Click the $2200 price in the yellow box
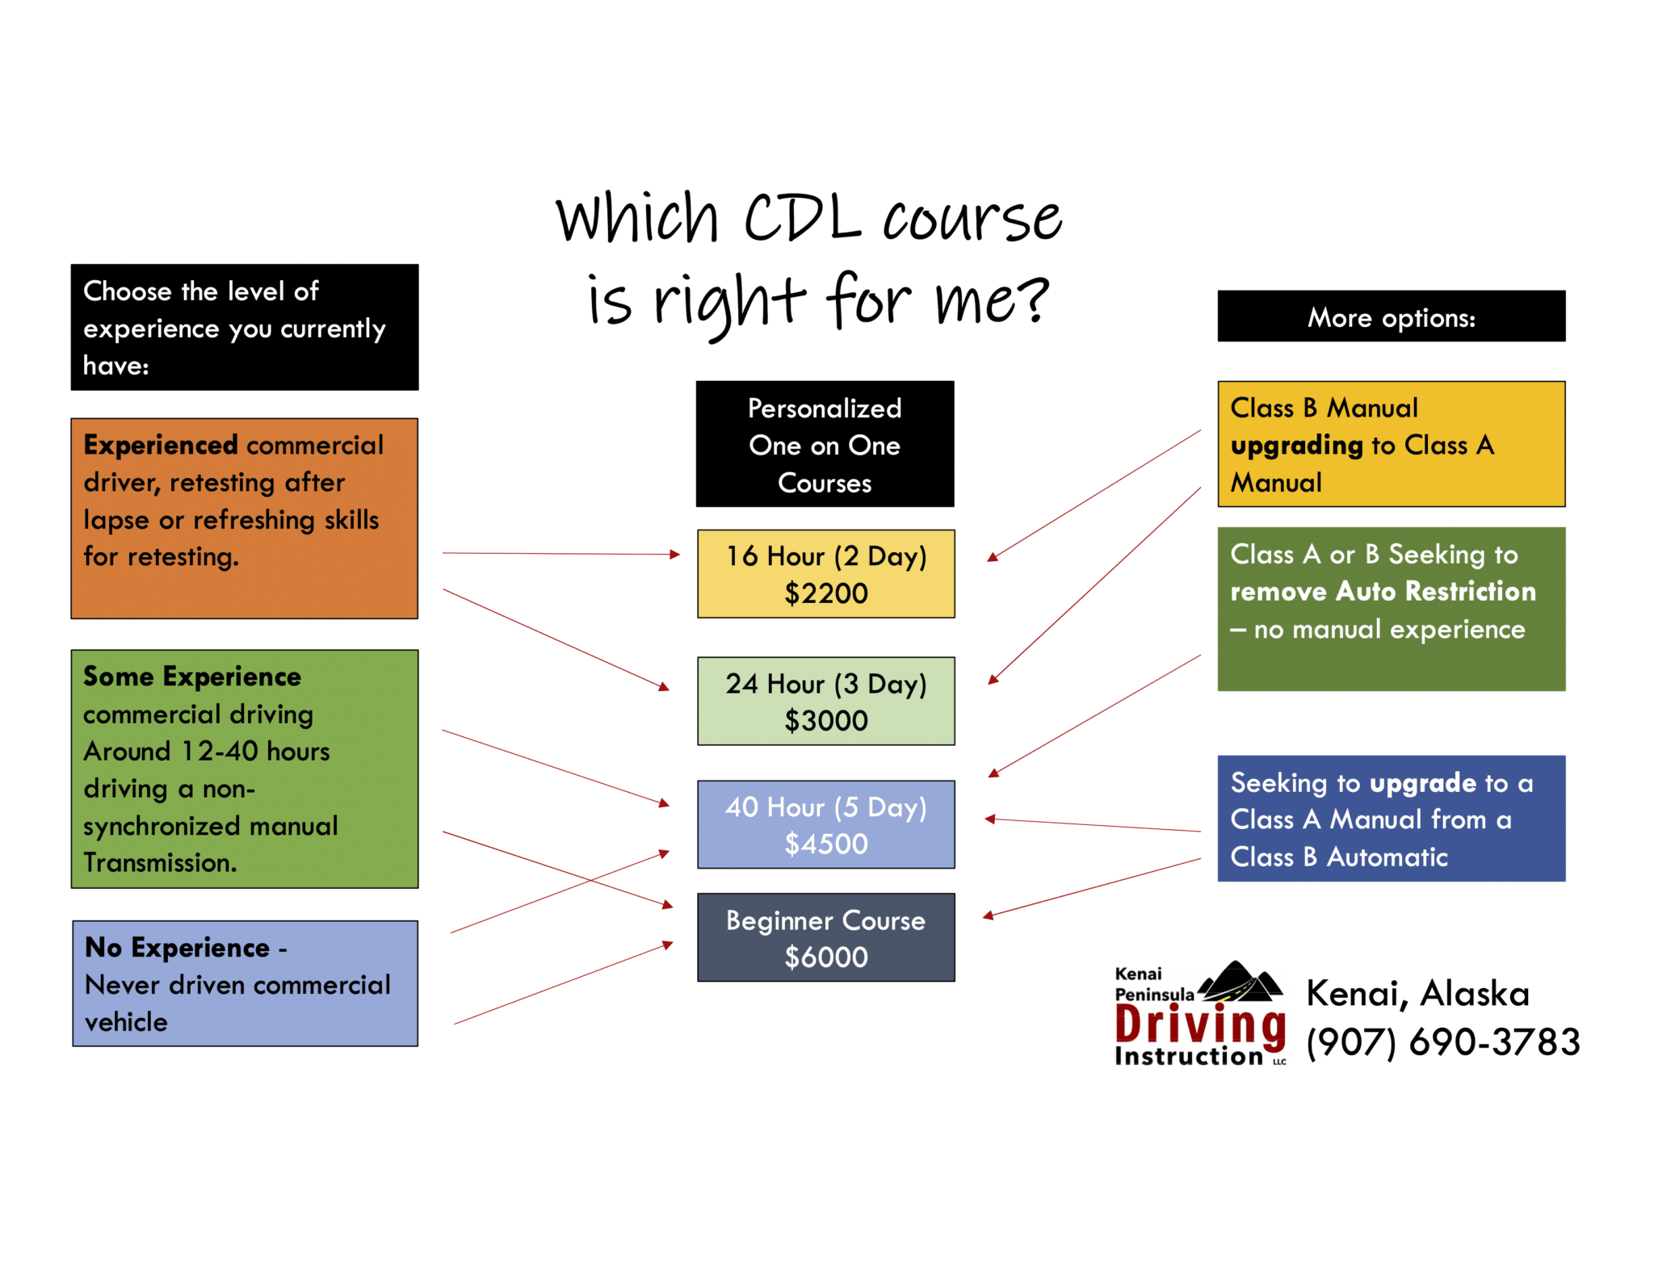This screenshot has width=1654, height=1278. (825, 593)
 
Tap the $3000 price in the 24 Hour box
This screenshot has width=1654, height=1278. (825, 720)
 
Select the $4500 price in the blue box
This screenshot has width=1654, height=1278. (825, 844)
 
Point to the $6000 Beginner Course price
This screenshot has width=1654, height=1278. (825, 957)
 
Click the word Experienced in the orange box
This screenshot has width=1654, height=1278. (161, 445)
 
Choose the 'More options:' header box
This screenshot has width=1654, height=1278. (1391, 316)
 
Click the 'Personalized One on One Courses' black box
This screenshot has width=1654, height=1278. (825, 445)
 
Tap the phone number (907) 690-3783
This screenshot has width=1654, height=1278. (1443, 1041)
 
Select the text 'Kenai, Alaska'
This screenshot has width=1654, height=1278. (1417, 993)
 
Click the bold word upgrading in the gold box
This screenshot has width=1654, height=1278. (1297, 445)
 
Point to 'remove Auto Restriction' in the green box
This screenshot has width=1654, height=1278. (1383, 591)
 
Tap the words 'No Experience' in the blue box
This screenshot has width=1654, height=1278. (177, 947)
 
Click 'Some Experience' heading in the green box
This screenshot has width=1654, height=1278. (192, 676)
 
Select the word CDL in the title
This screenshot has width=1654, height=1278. (802, 218)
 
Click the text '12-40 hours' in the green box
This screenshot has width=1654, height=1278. (255, 751)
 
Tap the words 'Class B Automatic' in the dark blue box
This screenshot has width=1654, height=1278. (1338, 857)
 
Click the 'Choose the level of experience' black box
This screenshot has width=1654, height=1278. (244, 327)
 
